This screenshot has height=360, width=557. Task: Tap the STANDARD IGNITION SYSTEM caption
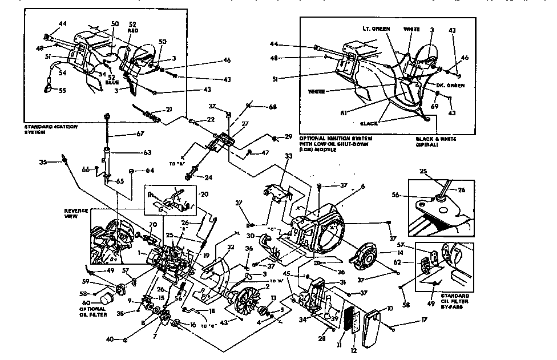[52, 128]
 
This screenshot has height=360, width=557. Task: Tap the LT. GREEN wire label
[374, 28]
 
